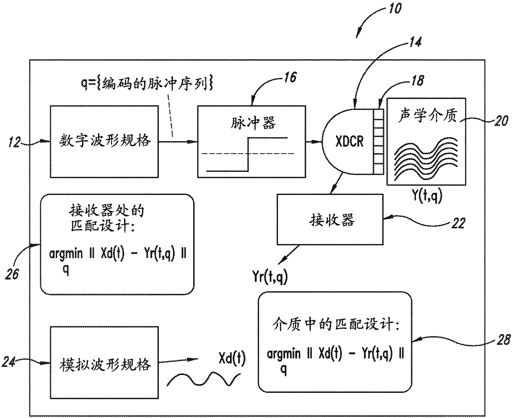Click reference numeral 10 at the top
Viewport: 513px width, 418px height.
tap(395, 9)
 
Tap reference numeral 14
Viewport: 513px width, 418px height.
tap(416, 42)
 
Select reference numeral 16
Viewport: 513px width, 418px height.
tap(290, 78)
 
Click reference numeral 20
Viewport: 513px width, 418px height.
tap(501, 121)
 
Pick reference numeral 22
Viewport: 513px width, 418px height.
tap(458, 223)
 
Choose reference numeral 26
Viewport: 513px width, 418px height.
tap(12, 274)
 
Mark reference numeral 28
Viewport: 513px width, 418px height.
tap(503, 340)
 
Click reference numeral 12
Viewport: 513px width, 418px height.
tap(14, 142)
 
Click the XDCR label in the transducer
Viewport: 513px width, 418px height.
tap(350, 141)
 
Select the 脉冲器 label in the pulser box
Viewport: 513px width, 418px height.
tap(253, 123)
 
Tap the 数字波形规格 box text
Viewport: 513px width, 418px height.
tap(105, 140)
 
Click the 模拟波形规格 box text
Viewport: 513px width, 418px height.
tap(105, 365)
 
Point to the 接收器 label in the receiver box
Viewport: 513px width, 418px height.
tap(332, 220)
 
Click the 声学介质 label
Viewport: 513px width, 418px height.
tap(427, 115)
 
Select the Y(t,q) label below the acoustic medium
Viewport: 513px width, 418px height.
tap(427, 196)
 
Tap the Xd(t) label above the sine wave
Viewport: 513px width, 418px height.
tap(232, 359)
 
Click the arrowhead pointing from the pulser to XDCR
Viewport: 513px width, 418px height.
tap(317, 142)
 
